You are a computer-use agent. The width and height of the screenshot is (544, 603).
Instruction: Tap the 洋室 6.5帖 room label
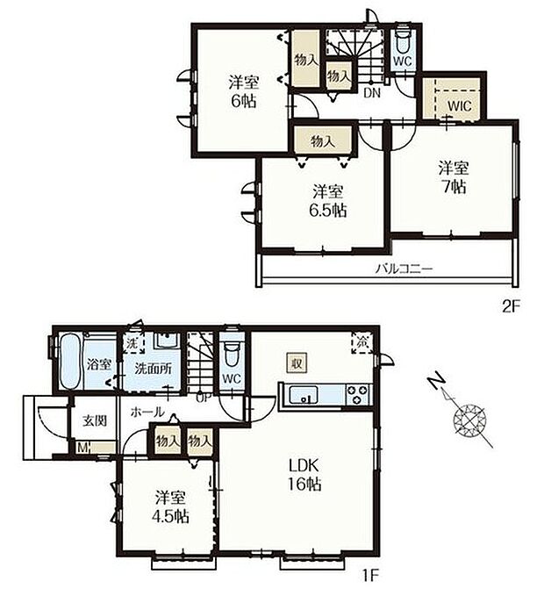coord(327,201)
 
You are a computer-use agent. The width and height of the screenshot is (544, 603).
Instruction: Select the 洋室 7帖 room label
coord(453,176)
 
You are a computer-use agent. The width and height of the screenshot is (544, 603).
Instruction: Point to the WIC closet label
coord(459,104)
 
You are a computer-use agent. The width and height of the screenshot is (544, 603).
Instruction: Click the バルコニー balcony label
coord(405,269)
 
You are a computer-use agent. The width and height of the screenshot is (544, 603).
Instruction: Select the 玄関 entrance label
coord(95,420)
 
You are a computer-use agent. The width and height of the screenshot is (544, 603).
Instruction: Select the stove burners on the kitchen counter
coord(358,392)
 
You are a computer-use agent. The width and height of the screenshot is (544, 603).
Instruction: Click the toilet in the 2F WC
coord(402,40)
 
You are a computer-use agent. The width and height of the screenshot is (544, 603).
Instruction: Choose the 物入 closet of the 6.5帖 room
coord(322,140)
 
